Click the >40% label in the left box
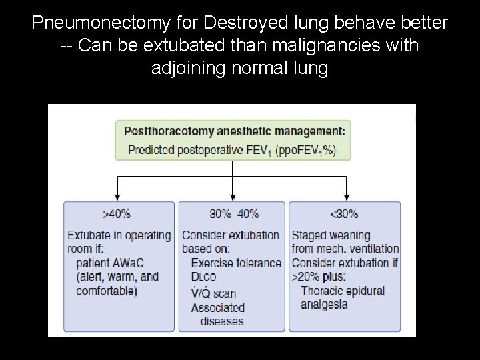tap(116, 214)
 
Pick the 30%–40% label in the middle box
tap(234, 214)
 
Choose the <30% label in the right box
tap(344, 214)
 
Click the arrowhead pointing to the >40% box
tap(118, 197)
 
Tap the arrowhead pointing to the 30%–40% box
tap(232, 197)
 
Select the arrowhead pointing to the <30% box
tap(346, 197)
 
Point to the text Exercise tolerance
tap(236, 263)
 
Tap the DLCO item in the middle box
tap(204, 277)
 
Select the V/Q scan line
tap(213, 293)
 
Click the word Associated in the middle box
tap(218, 307)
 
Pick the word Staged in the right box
tap(310, 235)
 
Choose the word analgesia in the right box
tap(324, 305)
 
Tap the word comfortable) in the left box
tap(107, 291)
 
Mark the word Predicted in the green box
tap(151, 149)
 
